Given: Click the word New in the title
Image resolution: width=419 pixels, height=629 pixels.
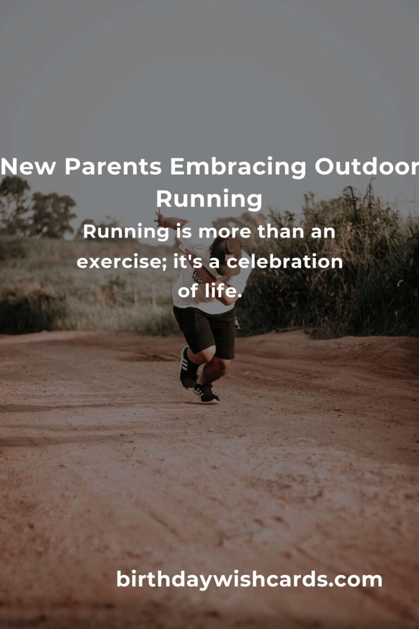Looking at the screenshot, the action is pyautogui.click(x=28, y=167).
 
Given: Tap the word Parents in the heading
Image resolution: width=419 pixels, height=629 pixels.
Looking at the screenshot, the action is pyautogui.click(x=113, y=167).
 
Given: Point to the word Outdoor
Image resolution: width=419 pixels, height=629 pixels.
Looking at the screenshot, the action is pyautogui.click(x=367, y=167).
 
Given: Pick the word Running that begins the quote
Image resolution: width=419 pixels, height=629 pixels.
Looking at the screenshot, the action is pyautogui.click(x=125, y=232).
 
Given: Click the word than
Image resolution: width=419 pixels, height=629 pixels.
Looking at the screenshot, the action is pyautogui.click(x=280, y=232).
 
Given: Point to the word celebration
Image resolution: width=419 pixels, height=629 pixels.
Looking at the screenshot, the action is pyautogui.click(x=285, y=262).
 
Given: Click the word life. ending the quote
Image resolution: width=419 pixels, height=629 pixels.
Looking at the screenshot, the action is pyautogui.click(x=223, y=291).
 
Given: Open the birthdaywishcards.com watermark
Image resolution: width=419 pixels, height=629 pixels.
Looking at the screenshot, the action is pyautogui.click(x=249, y=580).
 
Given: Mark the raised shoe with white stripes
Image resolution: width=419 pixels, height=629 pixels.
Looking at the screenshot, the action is pyautogui.click(x=188, y=368).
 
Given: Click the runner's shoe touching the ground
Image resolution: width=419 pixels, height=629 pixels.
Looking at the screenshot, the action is pyautogui.click(x=206, y=394).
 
